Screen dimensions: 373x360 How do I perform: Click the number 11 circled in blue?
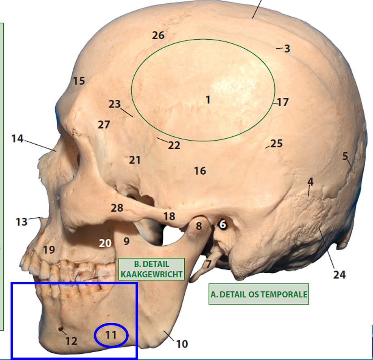click(x=111, y=335)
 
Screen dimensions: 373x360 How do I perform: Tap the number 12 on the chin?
click(x=71, y=341)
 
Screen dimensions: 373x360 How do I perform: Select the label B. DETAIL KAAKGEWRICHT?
click(x=151, y=269)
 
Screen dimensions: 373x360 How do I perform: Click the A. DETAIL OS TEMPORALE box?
click(x=259, y=294)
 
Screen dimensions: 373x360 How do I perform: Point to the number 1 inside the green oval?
click(x=208, y=99)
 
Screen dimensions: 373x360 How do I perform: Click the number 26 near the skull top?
click(x=158, y=35)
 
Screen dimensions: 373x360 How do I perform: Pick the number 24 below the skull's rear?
click(x=339, y=274)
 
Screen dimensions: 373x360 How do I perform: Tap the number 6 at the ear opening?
click(x=222, y=224)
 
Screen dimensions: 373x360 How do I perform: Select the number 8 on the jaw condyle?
click(x=198, y=226)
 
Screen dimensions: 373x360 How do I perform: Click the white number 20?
click(x=105, y=243)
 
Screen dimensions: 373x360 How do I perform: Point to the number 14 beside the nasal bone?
click(x=17, y=139)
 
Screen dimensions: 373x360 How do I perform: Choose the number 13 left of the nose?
click(x=22, y=222)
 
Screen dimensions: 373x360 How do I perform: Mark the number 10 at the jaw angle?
click(x=182, y=344)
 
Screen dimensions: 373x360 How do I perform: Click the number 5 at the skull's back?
click(x=345, y=156)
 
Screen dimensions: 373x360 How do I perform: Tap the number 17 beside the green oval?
click(x=282, y=102)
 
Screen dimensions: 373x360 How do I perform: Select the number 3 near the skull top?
click(x=287, y=49)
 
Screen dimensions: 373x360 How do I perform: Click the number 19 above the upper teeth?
click(x=49, y=249)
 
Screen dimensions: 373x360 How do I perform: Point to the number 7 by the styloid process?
click(x=208, y=265)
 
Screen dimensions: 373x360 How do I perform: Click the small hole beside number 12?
click(x=60, y=328)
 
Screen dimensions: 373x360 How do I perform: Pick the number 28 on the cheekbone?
click(x=117, y=208)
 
